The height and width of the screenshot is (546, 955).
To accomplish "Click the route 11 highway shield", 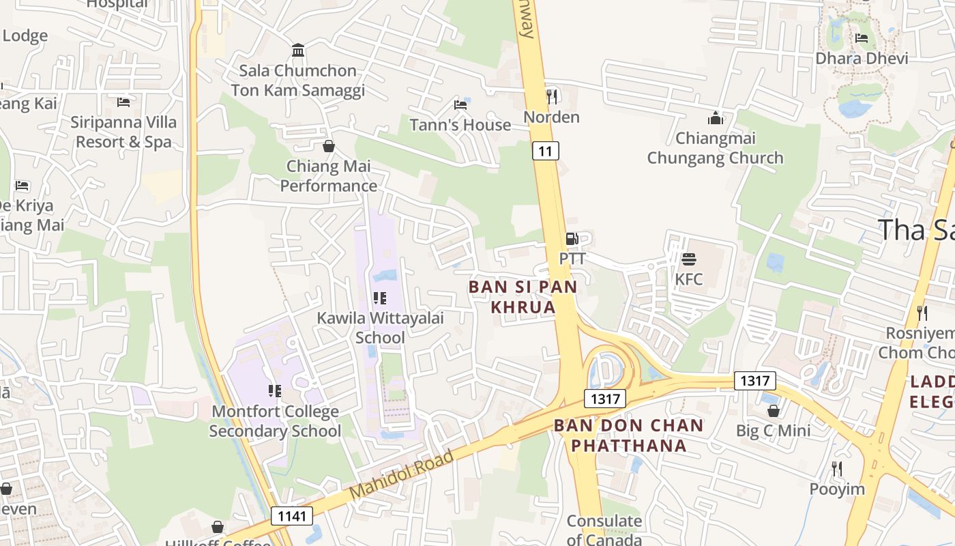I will [x=545, y=151].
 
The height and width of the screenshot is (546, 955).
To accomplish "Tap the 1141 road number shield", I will [x=292, y=516].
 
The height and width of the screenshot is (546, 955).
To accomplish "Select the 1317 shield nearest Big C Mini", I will [x=754, y=380].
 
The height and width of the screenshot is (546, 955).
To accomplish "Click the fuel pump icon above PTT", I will [x=572, y=239].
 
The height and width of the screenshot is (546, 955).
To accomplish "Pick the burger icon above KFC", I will [x=688, y=259].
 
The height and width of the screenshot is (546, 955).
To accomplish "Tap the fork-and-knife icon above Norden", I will [x=551, y=96].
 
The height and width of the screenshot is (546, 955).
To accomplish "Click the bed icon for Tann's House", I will [x=460, y=105].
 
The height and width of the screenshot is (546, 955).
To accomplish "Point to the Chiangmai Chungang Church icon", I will [x=715, y=118].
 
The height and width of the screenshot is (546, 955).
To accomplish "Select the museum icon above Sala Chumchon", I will [x=298, y=50].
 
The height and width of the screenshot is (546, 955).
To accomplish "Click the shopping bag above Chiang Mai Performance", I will [x=328, y=146].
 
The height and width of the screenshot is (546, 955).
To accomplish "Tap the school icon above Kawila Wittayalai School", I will [x=380, y=298].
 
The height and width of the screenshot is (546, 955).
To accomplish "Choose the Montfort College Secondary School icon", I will [x=274, y=391].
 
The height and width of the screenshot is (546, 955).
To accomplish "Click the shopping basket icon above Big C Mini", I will [x=773, y=411].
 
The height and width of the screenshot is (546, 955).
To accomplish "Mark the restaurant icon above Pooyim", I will [x=837, y=469].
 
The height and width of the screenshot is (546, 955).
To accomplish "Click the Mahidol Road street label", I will [x=401, y=474].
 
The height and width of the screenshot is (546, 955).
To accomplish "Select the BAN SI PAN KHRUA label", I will [x=523, y=297].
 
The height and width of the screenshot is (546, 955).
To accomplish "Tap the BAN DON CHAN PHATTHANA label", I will [x=628, y=435].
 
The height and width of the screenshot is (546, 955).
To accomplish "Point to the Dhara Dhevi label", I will [x=862, y=58].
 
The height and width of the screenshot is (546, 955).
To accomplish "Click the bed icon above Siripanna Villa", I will [x=123, y=102].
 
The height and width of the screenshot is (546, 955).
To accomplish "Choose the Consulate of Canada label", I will [x=604, y=530].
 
